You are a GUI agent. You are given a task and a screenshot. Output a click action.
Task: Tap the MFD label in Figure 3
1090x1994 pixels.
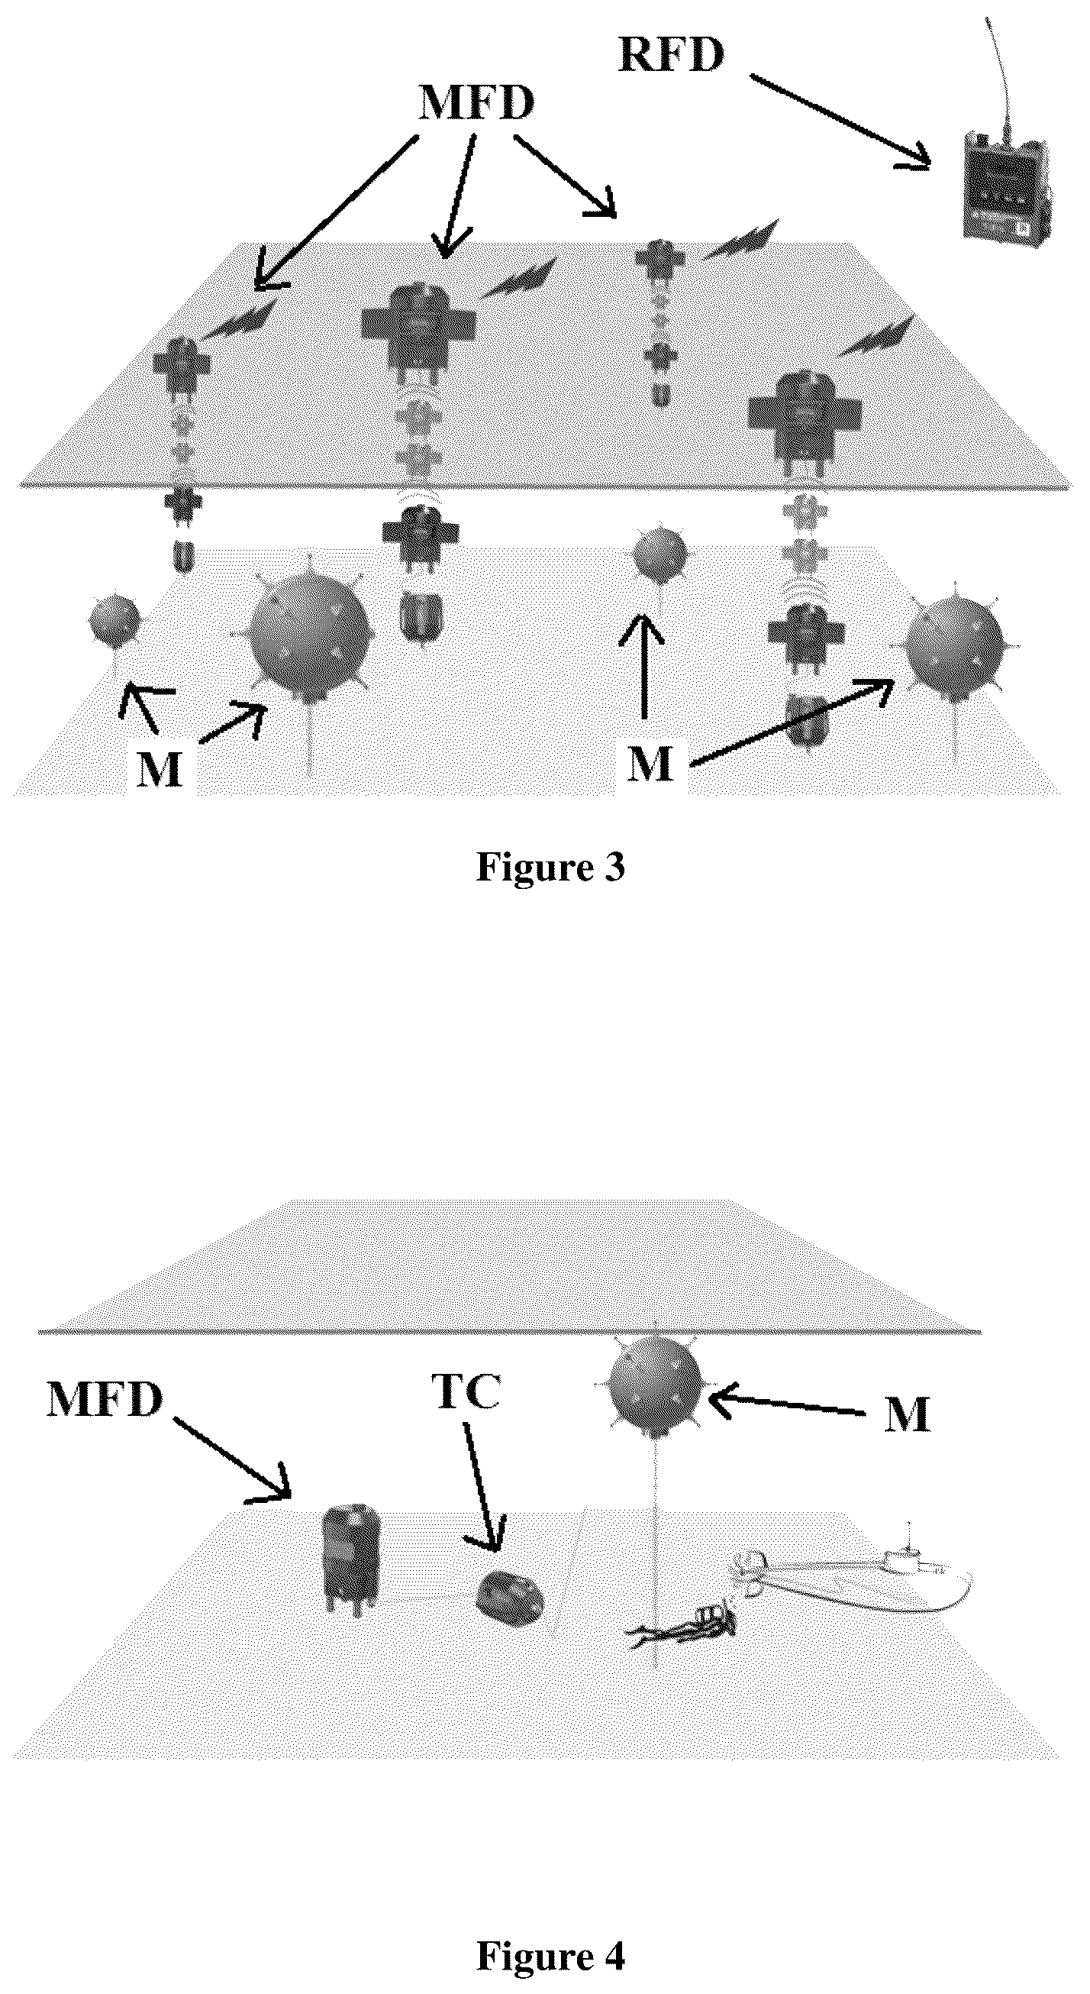(x=476, y=102)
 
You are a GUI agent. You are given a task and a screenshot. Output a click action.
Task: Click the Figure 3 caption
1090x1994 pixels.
(x=550, y=868)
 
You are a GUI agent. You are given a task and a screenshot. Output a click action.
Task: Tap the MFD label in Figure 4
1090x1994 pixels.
(x=105, y=1400)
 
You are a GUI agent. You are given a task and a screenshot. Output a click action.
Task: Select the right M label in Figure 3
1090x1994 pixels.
(x=649, y=764)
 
